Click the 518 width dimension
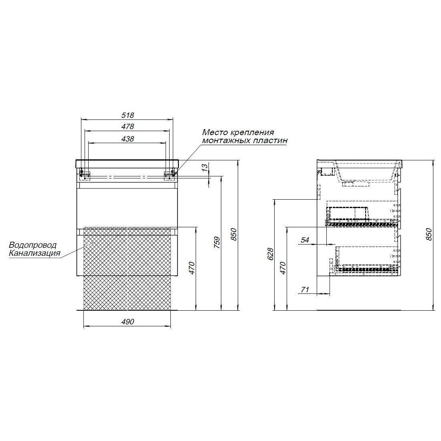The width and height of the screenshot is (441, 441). coord(127,115)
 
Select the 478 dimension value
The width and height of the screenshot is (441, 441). coord(127,127)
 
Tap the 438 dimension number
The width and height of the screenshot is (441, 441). coord(127,139)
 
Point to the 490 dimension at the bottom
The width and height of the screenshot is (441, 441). coord(127,322)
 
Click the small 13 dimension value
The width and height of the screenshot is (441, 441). coord(205,167)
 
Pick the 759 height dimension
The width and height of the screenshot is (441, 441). coord(216,243)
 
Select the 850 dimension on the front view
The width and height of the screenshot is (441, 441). coord(233,234)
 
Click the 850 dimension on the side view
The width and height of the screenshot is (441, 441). coord(428,234)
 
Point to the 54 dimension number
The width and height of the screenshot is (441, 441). coord(305,240)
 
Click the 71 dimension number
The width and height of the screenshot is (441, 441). coord(305,289)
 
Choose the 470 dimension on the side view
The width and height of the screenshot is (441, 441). coord(283,268)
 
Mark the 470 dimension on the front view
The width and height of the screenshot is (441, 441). coord(192,268)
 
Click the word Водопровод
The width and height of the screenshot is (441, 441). coord(32,245)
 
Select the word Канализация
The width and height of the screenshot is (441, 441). coord(34,253)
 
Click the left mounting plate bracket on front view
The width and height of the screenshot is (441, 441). coord(85,174)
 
